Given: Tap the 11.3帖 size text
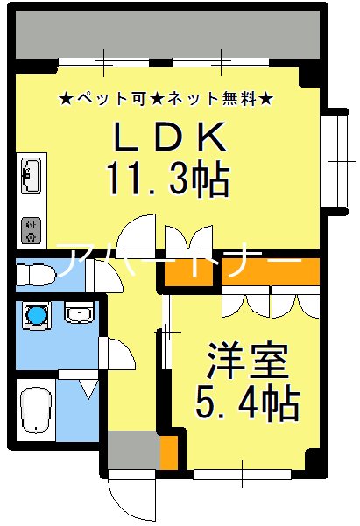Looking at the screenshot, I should (x=168, y=181).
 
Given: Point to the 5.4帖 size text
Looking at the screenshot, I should (x=246, y=403).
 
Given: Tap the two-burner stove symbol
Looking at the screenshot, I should (x=32, y=229).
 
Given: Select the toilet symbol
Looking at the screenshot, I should (x=40, y=273).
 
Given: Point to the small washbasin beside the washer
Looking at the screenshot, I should (x=78, y=312).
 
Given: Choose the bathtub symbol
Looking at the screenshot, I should (x=36, y=410).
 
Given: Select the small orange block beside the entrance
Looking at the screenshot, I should (x=168, y=453).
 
